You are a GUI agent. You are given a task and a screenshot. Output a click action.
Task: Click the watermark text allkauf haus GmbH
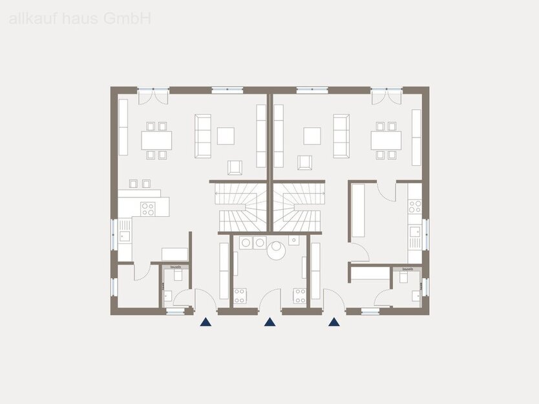pyautogui.click(x=80, y=19)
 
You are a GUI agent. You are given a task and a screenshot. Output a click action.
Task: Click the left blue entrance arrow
pyautogui.click(x=206, y=322)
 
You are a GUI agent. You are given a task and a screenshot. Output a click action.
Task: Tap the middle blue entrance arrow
pyautogui.click(x=269, y=322)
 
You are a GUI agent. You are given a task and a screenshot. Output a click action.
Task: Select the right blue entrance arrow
pyautogui.click(x=333, y=322)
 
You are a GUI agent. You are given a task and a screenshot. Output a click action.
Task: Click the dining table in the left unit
pyautogui.click(x=156, y=140)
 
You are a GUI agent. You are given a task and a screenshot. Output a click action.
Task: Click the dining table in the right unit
pyautogui.click(x=386, y=140)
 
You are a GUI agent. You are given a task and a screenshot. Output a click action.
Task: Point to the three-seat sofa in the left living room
pyautogui.click(x=203, y=136)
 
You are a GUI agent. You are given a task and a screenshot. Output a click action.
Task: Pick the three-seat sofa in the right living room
pyautogui.click(x=341, y=136)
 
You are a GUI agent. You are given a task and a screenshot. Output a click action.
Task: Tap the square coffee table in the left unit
pyautogui.click(x=226, y=136)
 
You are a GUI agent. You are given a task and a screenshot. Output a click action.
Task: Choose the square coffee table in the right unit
pyautogui.click(x=313, y=136)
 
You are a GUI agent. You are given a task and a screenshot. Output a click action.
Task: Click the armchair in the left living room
pyautogui.click(x=235, y=168)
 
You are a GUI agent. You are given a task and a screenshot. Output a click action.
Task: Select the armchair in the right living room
pyautogui.click(x=304, y=163)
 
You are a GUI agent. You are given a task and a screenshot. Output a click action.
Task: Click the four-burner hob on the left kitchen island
pyautogui.click(x=148, y=208)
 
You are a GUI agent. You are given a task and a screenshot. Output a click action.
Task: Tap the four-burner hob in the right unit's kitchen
pyautogui.click(x=414, y=207)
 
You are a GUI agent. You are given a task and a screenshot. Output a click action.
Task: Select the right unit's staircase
pyautogui.click(x=297, y=207)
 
